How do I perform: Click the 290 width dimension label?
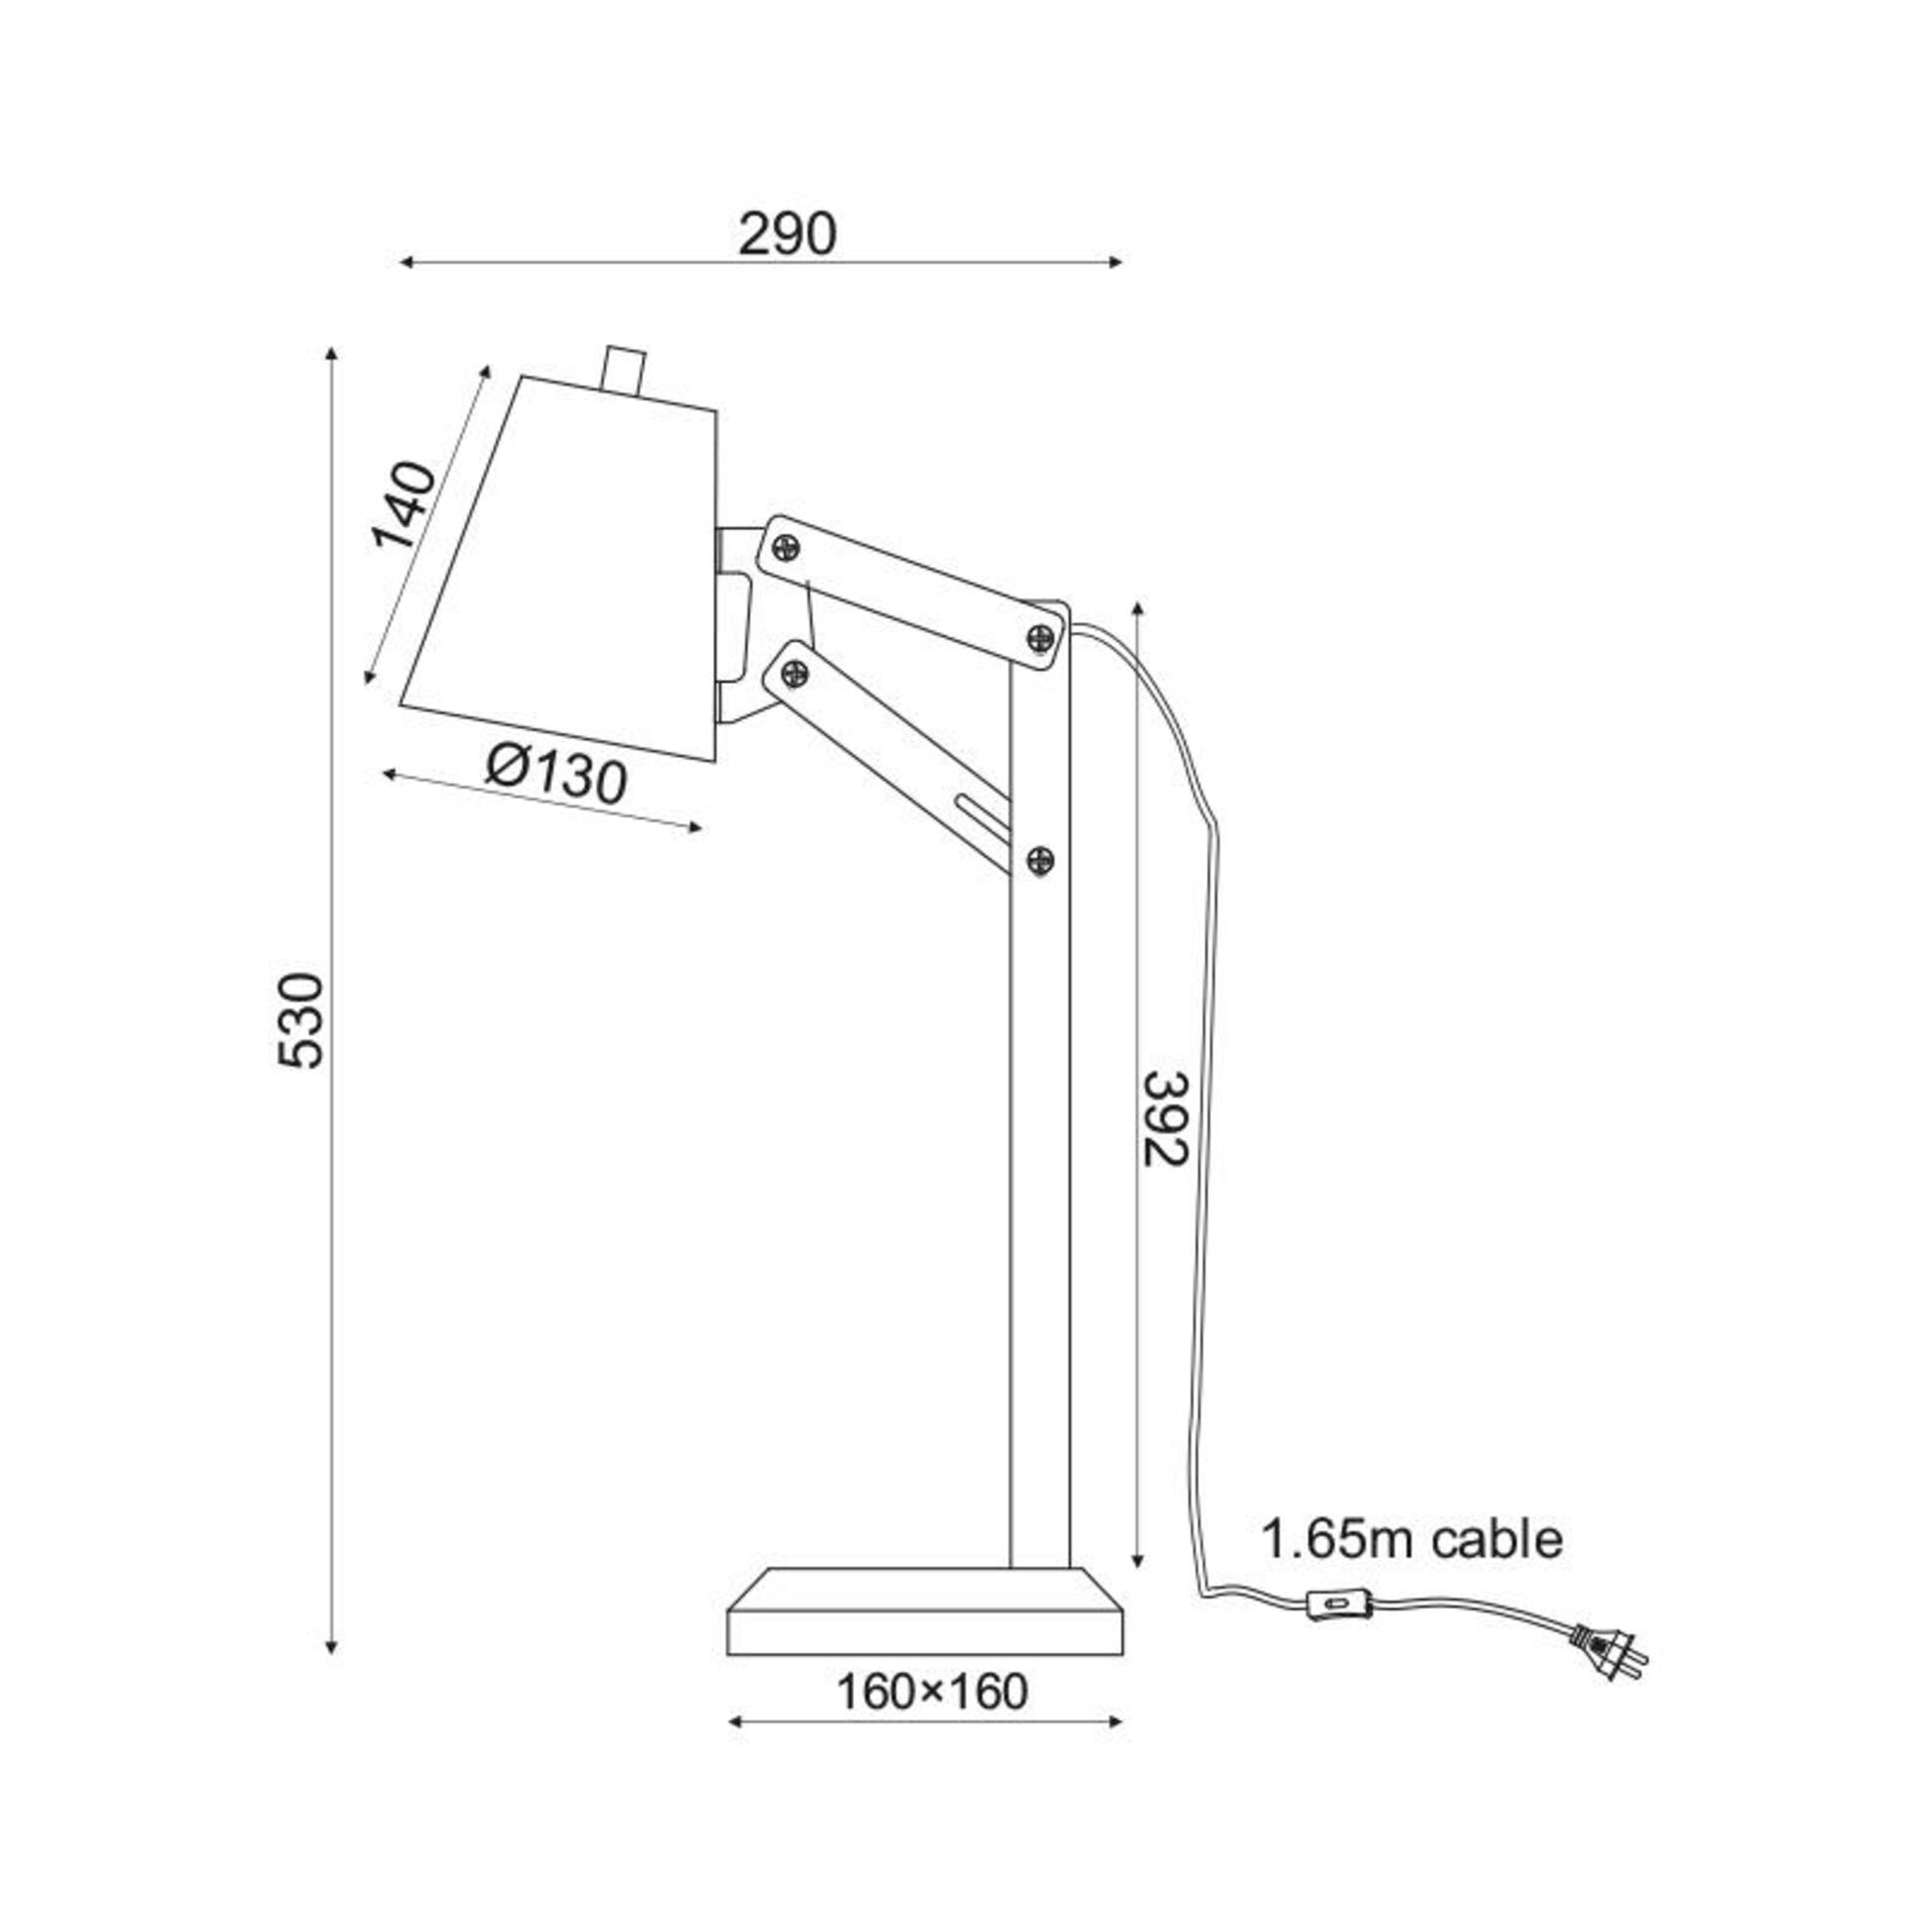click(787, 236)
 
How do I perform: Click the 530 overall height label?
click(302, 1019)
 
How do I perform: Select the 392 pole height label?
click(1165, 1117)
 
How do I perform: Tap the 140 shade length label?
click(404, 506)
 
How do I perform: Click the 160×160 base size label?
click(931, 1691)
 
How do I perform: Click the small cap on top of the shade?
click(624, 369)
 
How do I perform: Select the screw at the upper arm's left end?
click(787, 546)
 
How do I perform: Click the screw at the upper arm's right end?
click(1039, 636)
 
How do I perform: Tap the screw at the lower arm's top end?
click(795, 673)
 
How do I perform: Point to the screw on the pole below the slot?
click(1040, 858)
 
